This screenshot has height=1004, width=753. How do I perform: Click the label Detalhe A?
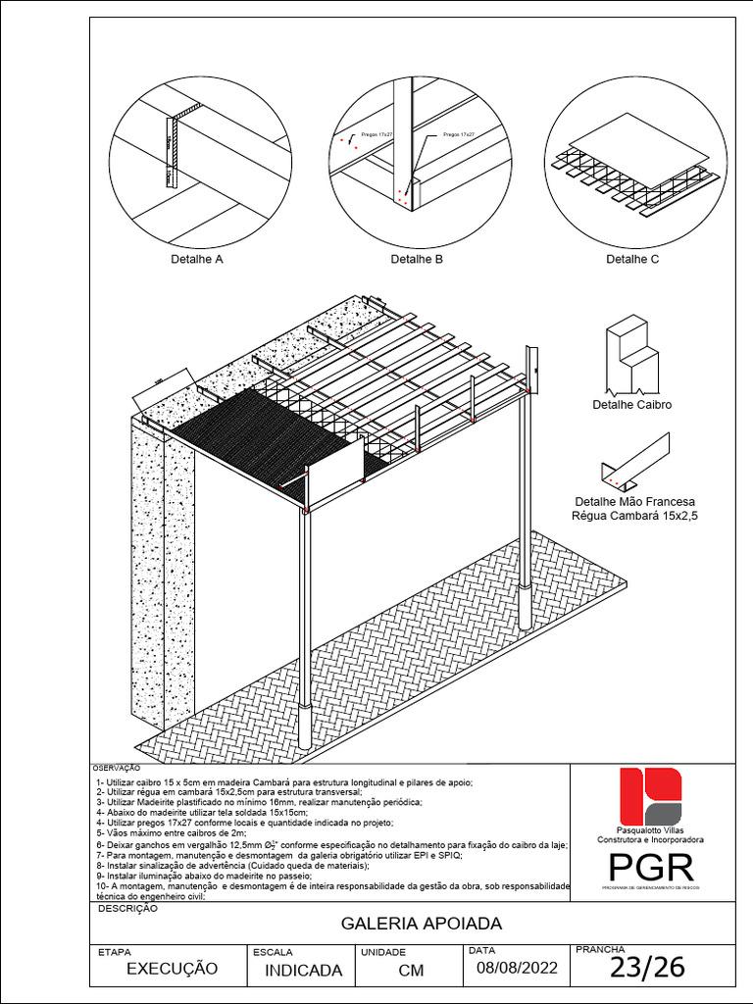198,260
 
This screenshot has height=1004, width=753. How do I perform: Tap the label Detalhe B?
417,260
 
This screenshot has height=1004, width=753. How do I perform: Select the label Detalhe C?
632,260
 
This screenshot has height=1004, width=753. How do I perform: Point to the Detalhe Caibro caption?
632,405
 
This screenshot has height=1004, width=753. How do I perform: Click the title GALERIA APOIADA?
421,924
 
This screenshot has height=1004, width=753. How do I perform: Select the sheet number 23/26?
647,969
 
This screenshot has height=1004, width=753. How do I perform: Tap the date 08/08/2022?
517,969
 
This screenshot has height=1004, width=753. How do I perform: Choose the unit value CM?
411,970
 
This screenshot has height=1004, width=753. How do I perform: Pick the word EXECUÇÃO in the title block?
172,969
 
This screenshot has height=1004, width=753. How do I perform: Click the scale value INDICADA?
304,970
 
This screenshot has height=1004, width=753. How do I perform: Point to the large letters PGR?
651,867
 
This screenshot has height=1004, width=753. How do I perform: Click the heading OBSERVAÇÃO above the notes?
116,768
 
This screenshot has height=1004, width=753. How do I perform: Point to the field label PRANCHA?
599,949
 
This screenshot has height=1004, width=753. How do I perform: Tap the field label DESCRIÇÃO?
127,909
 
